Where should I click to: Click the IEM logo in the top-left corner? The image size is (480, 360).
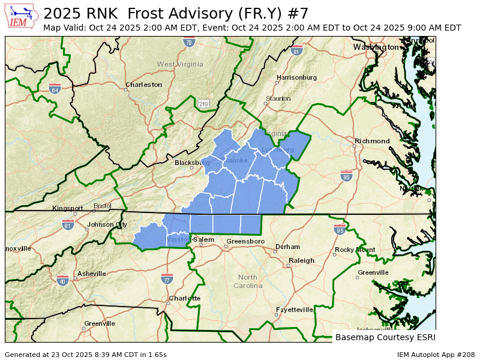coord(22,16)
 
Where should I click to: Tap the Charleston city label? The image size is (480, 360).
coord(143,85)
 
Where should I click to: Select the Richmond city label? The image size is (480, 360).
coord(372,141)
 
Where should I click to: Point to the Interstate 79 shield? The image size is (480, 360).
coord(189,42)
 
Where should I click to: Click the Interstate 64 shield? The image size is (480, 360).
coord(55,89)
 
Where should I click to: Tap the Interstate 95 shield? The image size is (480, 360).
coord(339,229)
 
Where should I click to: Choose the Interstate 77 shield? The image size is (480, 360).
coord(167,278)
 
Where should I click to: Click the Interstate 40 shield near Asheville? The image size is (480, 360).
coord(62,280)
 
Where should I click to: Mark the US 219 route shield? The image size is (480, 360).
coord(203,104)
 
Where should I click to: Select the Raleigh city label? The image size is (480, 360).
coord(301,260)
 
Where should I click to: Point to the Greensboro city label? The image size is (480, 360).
coord(245,241)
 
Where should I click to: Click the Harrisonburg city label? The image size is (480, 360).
coord(296,77)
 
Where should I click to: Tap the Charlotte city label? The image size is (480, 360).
coord(184,298)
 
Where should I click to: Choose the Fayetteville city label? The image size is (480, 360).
coord(294,310)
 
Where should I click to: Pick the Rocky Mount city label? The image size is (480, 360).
coord(355,250)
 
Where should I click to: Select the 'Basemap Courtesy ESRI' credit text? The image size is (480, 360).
coord(385,337)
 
